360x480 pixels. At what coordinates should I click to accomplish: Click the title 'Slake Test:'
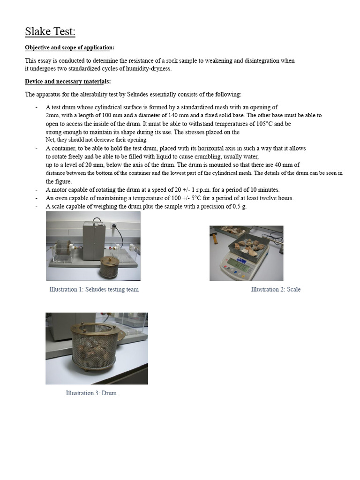pyautogui.click(x=50, y=32)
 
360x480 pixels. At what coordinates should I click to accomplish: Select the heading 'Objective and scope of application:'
pyautogui.click(x=69, y=48)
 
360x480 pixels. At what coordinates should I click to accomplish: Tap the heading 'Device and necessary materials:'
pyautogui.click(x=67, y=82)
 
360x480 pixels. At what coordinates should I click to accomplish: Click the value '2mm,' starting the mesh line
pyautogui.click(x=53, y=115)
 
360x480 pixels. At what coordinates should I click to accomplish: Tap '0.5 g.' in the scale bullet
pyautogui.click(x=240, y=206)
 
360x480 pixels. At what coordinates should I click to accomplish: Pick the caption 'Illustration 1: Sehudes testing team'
pyautogui.click(x=94, y=289)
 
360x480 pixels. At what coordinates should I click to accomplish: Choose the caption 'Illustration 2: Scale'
pyautogui.click(x=276, y=289)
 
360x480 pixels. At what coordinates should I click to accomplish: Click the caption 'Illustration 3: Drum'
pyautogui.click(x=91, y=393)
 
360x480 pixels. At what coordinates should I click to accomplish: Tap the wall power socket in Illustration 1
pyautogui.click(x=113, y=225)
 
